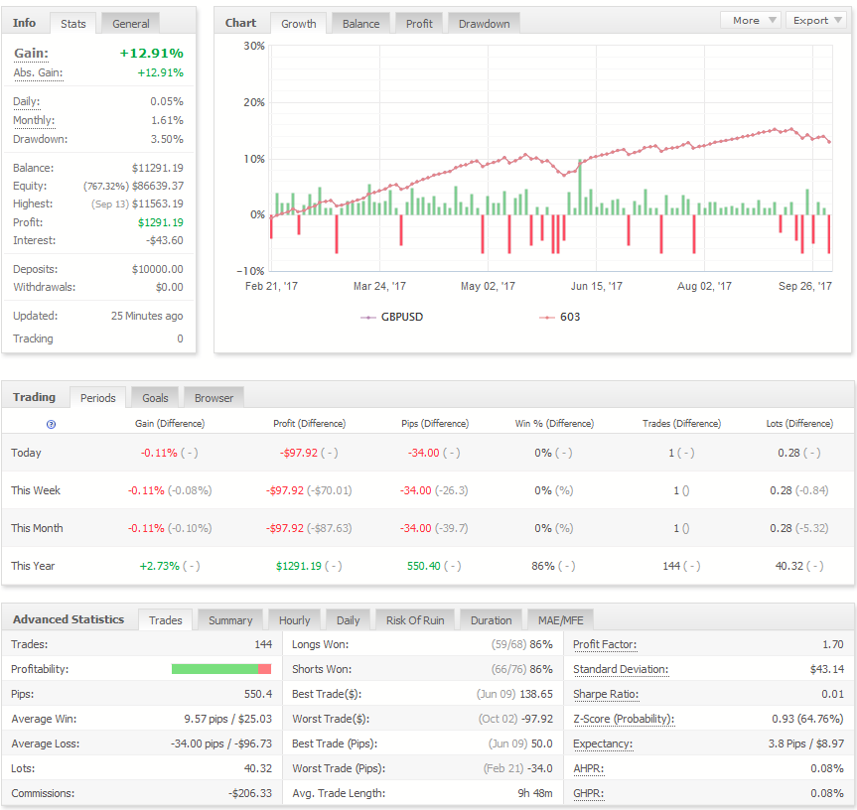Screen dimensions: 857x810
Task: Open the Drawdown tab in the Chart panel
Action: [x=484, y=24]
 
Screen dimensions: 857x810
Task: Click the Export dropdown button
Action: [x=816, y=20]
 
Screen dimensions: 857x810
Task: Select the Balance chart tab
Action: [x=360, y=24]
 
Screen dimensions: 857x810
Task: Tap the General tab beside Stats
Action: [x=131, y=24]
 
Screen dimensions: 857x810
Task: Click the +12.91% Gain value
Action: [x=151, y=53]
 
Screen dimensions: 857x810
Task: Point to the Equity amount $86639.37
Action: [x=158, y=186]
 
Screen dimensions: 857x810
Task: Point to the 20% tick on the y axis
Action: [x=254, y=102]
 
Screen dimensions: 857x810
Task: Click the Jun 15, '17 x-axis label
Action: [x=596, y=286]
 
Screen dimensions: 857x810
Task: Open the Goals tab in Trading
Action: [x=155, y=398]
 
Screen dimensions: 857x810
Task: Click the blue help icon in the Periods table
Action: [x=51, y=425]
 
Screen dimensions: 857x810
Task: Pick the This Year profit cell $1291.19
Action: [x=299, y=566]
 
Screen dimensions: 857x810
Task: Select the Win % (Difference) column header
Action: [x=554, y=423]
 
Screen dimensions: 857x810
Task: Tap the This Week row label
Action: [x=36, y=490]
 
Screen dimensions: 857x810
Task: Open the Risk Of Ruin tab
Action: [x=415, y=620]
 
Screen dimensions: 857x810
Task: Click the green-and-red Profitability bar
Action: [x=221, y=669]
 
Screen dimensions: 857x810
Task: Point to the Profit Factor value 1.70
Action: [x=833, y=644]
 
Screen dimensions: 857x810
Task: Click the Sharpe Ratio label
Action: [x=606, y=694]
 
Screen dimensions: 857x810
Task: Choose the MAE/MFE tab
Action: [x=560, y=620]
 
